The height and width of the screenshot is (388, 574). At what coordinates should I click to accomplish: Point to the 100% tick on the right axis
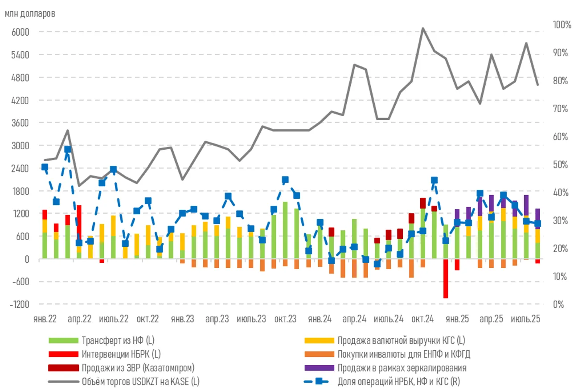click(x=562, y=25)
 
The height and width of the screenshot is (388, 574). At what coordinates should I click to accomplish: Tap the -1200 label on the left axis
click(x=19, y=304)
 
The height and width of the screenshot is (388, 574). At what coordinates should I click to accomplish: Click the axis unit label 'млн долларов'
click(x=30, y=13)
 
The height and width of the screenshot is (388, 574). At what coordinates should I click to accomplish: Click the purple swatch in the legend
click(x=319, y=368)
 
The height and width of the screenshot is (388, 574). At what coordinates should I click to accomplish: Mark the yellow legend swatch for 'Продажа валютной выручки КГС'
click(x=319, y=341)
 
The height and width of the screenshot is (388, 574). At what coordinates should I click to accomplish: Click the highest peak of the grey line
click(x=422, y=28)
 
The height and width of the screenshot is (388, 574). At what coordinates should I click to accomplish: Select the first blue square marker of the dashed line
click(x=45, y=167)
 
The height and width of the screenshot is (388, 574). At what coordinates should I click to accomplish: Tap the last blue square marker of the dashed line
click(x=537, y=224)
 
